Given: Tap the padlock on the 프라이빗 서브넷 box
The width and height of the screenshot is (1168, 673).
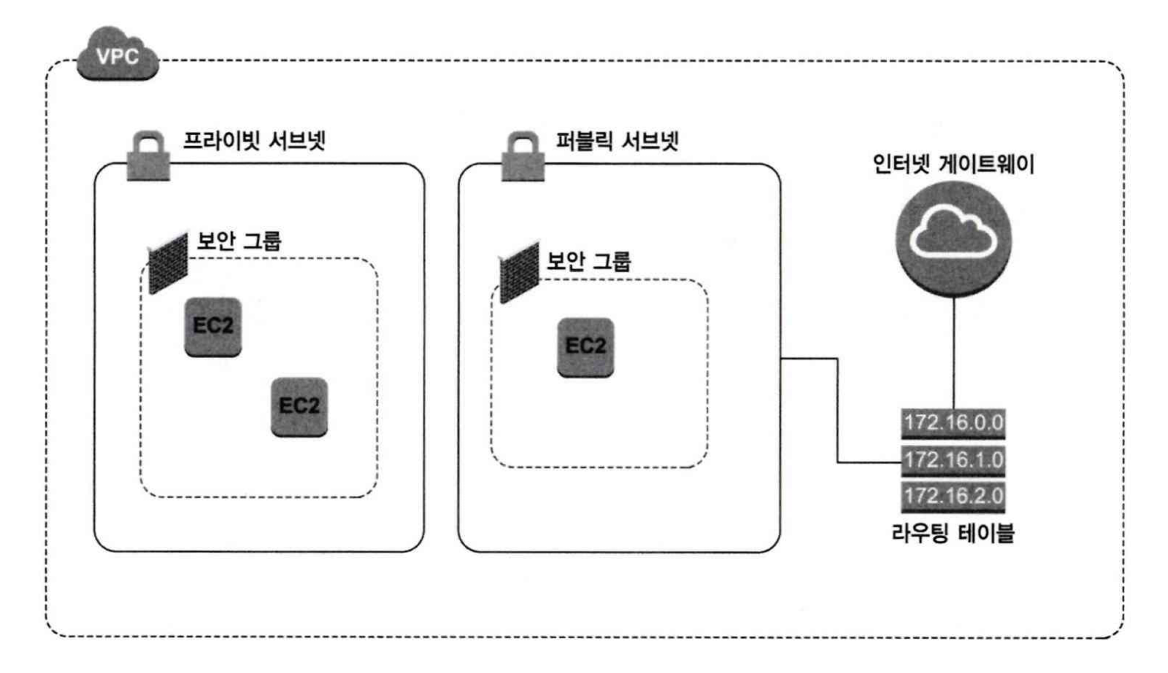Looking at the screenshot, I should tap(148, 156).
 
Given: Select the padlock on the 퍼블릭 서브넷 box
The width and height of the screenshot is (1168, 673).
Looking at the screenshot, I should tap(523, 157).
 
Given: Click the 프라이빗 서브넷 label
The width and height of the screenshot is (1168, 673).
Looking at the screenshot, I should tap(254, 141).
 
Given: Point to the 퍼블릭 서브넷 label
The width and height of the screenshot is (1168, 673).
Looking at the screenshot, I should tap(617, 141).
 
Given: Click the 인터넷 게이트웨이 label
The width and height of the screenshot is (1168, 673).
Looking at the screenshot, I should tap(953, 163).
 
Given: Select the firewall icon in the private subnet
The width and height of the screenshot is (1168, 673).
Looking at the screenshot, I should tap(168, 263).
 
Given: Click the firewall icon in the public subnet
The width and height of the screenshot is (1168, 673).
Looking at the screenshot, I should tap(519, 272).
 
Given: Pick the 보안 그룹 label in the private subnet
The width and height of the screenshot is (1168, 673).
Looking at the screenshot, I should tap(239, 241).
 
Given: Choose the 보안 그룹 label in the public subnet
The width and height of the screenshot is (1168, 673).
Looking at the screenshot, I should tap(589, 261).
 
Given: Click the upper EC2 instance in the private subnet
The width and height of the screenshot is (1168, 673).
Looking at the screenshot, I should tap(213, 326).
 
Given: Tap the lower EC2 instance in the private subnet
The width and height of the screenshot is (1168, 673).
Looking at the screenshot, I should tap(299, 406).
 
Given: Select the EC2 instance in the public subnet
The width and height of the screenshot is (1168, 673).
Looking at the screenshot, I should tap(585, 347).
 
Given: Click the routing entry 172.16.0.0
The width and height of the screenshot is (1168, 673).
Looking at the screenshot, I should tap(953, 423).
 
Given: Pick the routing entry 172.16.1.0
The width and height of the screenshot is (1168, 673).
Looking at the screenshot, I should tap(953, 460).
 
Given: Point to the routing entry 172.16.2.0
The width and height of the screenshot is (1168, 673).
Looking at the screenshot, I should tap(953, 496).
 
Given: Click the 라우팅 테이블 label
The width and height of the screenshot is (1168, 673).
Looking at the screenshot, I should tap(953, 532).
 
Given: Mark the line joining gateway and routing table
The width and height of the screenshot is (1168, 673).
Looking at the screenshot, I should tap(954, 352).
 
